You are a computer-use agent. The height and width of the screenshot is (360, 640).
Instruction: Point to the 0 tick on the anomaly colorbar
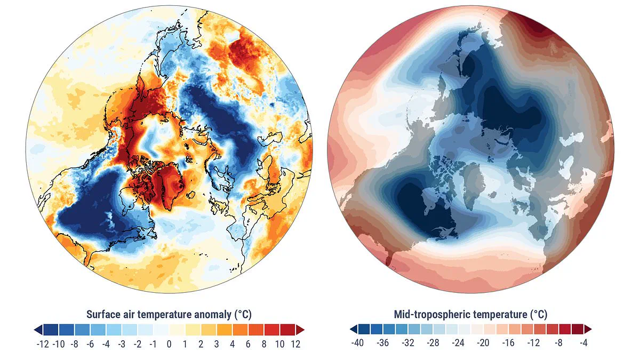[x=169, y=344]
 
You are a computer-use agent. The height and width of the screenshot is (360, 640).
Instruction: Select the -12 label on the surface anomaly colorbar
[x=43, y=344]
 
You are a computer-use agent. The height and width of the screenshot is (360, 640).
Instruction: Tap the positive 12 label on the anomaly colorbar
[x=295, y=344]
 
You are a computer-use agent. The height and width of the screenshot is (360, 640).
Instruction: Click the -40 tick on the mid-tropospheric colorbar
[x=357, y=343]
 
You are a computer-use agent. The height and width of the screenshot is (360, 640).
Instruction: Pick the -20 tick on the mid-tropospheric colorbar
[x=483, y=343]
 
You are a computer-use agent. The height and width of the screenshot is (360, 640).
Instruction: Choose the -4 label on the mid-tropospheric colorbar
[x=584, y=343]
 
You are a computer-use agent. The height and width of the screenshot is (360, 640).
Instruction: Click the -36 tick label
[x=382, y=343]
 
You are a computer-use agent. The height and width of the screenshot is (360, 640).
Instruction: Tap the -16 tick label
[x=508, y=343]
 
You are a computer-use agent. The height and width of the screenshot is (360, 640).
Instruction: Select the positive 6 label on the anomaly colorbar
[x=248, y=344]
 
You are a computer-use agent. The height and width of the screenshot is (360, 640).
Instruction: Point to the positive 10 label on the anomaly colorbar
[x=279, y=344]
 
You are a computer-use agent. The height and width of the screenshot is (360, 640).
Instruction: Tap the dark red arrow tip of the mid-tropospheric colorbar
[x=588, y=329]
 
